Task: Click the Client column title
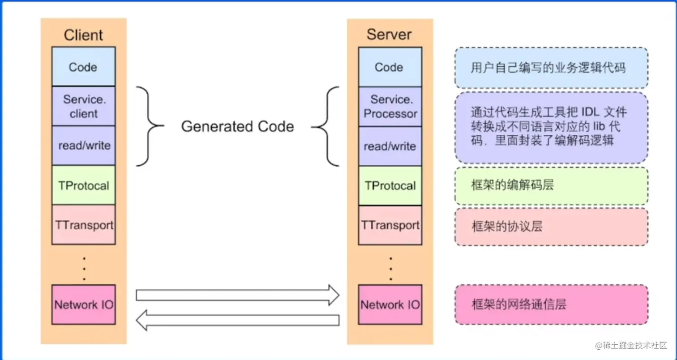pyautogui.click(x=83, y=35)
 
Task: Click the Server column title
pyautogui.click(x=389, y=34)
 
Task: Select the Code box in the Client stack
pyautogui.click(x=83, y=67)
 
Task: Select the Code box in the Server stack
pyautogui.click(x=389, y=67)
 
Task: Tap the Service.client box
pyautogui.click(x=83, y=106)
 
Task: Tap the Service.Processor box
pyautogui.click(x=390, y=107)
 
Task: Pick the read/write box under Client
pyautogui.click(x=83, y=146)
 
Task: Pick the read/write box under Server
pyautogui.click(x=390, y=146)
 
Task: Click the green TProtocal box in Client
pyautogui.click(x=83, y=185)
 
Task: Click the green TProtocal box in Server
pyautogui.click(x=390, y=185)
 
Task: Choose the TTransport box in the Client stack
pyautogui.click(x=83, y=224)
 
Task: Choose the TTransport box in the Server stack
pyautogui.click(x=390, y=225)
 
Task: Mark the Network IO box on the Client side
pyautogui.click(x=83, y=304)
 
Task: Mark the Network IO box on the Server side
pyautogui.click(x=390, y=305)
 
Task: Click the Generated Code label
pyautogui.click(x=237, y=127)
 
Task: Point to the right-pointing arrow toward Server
pyautogui.click(x=237, y=295)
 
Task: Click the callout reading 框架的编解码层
pyautogui.click(x=551, y=186)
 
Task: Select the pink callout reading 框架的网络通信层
pyautogui.click(x=551, y=304)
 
